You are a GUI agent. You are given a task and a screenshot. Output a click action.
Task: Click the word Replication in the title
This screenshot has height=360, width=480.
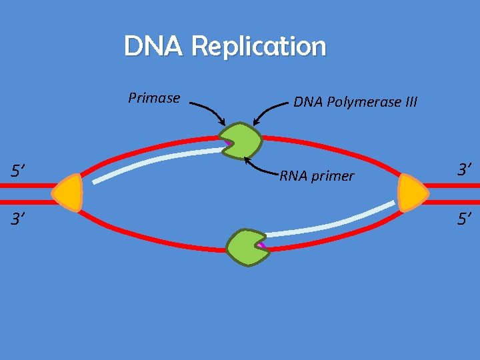coord(259,47)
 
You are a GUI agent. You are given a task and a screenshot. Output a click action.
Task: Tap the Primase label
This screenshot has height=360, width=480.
coord(154,99)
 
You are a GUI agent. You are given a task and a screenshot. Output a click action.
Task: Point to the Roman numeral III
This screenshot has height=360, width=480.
coord(410,102)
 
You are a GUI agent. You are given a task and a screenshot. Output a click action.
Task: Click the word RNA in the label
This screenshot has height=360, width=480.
coord(292,177)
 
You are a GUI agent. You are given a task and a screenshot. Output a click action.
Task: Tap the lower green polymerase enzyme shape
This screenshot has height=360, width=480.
coord(246,247)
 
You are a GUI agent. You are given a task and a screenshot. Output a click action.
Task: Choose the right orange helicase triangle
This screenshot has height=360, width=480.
coord(412,193)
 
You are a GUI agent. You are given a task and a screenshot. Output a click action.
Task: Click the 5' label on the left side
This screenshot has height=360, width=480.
coord(17,171)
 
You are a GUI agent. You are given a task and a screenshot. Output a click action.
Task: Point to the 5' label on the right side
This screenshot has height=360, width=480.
coord(465,217)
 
